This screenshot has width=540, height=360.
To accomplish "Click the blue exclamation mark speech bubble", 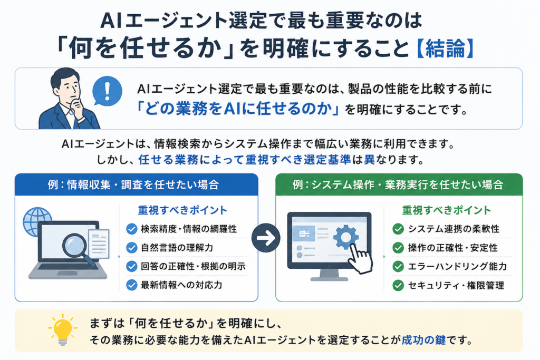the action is coord(107,91).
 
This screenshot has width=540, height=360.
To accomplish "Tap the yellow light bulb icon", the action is coord(63,329).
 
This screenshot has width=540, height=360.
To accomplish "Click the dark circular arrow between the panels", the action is coord(266,238).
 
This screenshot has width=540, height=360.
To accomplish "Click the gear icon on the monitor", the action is coord(346,237).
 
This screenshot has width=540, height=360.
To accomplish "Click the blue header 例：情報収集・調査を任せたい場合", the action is coord(133,185).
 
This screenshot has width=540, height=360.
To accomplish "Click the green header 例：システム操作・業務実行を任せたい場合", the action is coord(398,185).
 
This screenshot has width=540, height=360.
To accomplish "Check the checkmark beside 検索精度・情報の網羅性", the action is coord(131,229).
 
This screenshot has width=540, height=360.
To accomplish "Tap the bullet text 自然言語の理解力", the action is coord(177,247).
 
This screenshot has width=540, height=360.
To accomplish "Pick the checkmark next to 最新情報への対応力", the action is coord(131,285).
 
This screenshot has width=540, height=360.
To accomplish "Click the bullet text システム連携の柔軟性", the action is coord(454,229).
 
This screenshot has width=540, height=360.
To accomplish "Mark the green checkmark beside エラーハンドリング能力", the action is coord(398,266).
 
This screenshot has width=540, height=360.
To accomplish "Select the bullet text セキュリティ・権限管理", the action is coord(456,285).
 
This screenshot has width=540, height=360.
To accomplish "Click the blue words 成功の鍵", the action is coord(423,340).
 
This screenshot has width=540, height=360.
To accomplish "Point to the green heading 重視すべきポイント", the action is coord(446,210).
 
